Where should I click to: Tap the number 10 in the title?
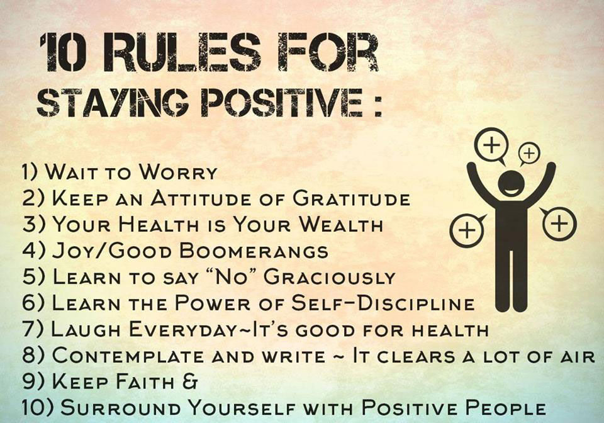pos(64,52)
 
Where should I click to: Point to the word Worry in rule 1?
pos(178,172)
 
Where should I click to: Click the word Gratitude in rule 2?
pos(351,198)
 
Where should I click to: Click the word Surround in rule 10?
pos(120,408)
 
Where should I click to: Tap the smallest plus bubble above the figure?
pos(529,154)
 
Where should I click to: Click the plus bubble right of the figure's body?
pos(559,223)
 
